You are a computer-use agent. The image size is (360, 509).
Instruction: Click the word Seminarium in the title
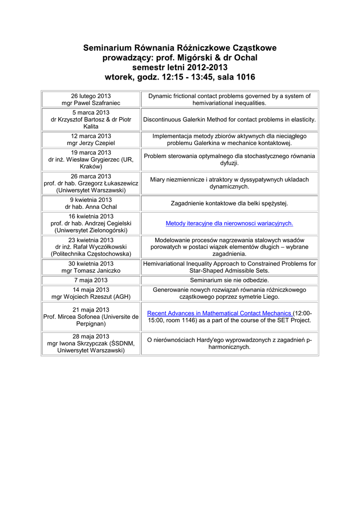[x=105, y=48]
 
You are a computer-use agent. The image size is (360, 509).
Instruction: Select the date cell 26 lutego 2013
[x=90, y=96]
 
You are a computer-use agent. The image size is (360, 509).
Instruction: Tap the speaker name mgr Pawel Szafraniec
[x=90, y=103]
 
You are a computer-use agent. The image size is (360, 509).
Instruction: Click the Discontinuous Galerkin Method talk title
[x=229, y=120]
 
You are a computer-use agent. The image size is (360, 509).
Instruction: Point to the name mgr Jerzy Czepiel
[x=90, y=143]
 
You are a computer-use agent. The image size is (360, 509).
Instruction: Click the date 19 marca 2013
[x=90, y=153]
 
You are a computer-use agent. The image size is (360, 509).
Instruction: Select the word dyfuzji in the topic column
[x=229, y=163]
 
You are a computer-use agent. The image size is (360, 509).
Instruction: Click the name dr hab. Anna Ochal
[x=90, y=207]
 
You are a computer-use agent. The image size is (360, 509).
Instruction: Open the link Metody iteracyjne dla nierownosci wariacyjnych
[x=229, y=224]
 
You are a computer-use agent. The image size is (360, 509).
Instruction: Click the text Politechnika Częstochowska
[x=90, y=254]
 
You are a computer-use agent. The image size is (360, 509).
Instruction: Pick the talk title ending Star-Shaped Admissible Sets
[x=229, y=271]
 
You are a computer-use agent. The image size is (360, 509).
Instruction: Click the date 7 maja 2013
[x=90, y=281]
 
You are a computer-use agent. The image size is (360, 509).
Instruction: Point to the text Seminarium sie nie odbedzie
[x=229, y=281]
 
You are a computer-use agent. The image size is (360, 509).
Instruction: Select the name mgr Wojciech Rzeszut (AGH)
[x=90, y=297]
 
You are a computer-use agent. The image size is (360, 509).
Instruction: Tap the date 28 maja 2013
[x=90, y=336]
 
